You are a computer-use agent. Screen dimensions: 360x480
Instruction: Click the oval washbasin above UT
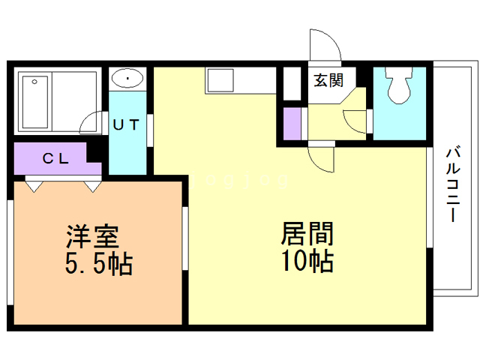pos(128,78)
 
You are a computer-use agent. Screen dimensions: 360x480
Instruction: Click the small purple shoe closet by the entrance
pos(292,121)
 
